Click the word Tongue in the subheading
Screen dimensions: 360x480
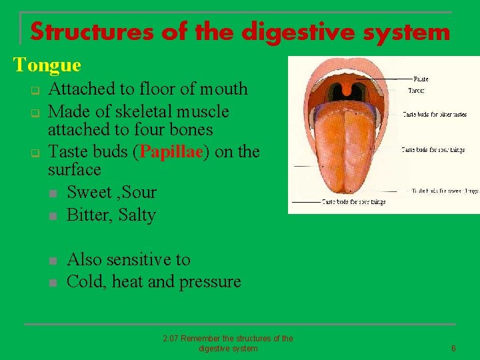click(x=47, y=65)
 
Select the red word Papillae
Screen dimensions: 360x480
click(x=173, y=151)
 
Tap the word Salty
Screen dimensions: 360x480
click(x=136, y=215)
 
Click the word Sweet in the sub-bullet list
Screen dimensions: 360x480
click(x=90, y=192)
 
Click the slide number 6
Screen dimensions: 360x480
click(x=453, y=349)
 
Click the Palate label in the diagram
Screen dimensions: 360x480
click(x=421, y=79)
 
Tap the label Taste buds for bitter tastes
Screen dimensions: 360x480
click(x=433, y=115)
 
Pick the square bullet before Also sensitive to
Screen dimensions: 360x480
click(x=53, y=260)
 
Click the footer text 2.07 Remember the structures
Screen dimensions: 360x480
click(x=228, y=339)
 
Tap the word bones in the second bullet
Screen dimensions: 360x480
click(x=191, y=129)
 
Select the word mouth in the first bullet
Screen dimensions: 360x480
click(x=224, y=89)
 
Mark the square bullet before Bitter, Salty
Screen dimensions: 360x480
click(x=53, y=216)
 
